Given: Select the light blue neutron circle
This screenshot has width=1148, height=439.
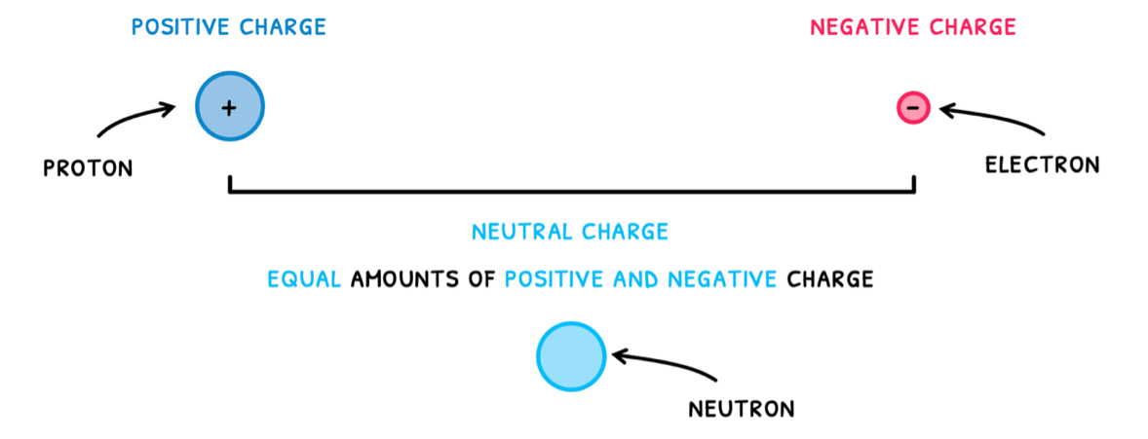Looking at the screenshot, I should (571, 356).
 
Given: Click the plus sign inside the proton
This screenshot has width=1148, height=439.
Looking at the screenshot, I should (230, 108).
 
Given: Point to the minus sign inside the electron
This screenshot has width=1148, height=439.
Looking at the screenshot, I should (913, 107).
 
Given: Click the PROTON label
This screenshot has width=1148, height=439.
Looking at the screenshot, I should (88, 169).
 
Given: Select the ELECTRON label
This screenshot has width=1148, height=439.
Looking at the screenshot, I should (1042, 165).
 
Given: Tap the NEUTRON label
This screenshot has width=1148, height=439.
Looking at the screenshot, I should (741, 409).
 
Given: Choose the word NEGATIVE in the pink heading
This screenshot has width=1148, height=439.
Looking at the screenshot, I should (862, 27).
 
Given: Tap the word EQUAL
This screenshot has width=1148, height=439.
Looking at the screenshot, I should (305, 280).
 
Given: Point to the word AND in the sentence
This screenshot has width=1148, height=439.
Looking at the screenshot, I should (636, 280).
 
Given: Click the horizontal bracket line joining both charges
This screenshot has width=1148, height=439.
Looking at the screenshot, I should (571, 192).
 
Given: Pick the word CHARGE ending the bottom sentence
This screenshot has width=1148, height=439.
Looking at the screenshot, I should (830, 280).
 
